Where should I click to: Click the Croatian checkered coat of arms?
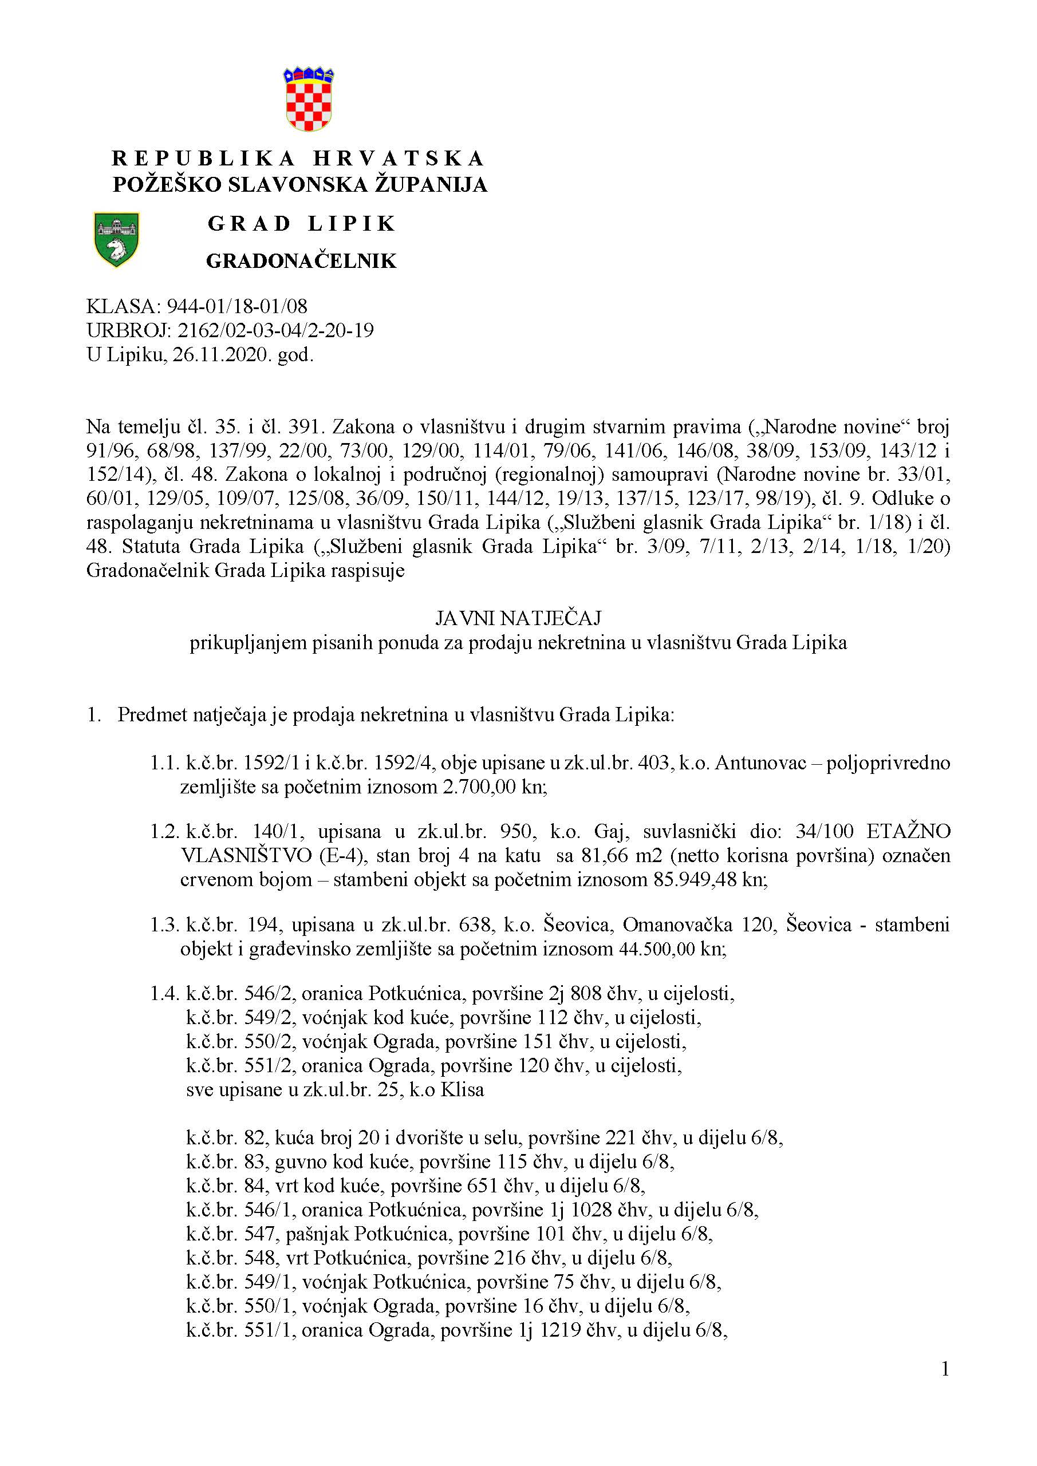click(309, 100)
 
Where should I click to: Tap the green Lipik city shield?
click(116, 239)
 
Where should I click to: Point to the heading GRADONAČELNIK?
click(301, 260)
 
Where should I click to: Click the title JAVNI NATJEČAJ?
click(518, 618)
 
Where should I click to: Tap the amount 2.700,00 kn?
click(494, 787)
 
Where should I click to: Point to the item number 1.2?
click(165, 832)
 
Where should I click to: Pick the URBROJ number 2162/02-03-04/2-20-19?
click(276, 331)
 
